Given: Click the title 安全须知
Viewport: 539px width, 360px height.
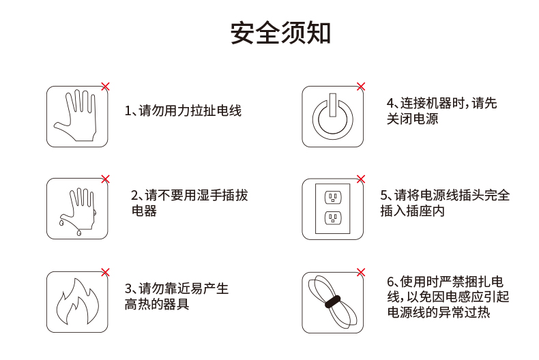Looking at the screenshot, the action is tap(280, 33).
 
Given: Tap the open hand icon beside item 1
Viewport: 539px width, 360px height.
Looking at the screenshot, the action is tap(76, 115).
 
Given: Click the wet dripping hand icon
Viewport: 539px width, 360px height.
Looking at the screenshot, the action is tap(78, 211).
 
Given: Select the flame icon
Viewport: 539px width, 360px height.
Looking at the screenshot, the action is tap(77, 301).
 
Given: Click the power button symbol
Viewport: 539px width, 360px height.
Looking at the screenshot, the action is tap(332, 117).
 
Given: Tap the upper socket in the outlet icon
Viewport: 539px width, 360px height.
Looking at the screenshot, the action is tap(333, 198).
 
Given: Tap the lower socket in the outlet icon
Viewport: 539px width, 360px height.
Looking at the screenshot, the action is tap(333, 217).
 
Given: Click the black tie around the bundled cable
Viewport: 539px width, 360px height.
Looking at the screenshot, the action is tap(332, 301).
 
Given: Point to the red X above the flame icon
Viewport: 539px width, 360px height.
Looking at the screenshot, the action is tap(106, 273).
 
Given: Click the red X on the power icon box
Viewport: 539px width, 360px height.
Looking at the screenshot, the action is tap(361, 87).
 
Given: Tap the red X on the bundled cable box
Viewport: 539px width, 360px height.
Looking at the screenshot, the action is tap(361, 273).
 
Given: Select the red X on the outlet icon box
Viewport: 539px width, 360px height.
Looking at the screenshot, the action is tap(361, 179).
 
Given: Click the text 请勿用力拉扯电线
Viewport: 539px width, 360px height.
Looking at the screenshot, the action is tap(190, 110).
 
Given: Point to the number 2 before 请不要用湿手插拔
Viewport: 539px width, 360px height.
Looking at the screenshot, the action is tap(134, 196).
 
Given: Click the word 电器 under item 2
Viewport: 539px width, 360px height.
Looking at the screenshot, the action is tap(145, 211).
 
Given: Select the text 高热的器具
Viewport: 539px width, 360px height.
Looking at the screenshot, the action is tap(157, 304).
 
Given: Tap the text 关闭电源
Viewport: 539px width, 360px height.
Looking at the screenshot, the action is tap(413, 119).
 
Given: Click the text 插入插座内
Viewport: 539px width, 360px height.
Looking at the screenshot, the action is tap(413, 211).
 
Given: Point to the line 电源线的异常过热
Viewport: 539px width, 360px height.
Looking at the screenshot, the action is tap(439, 312).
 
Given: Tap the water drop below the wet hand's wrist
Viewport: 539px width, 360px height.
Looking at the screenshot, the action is tap(79, 233).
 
